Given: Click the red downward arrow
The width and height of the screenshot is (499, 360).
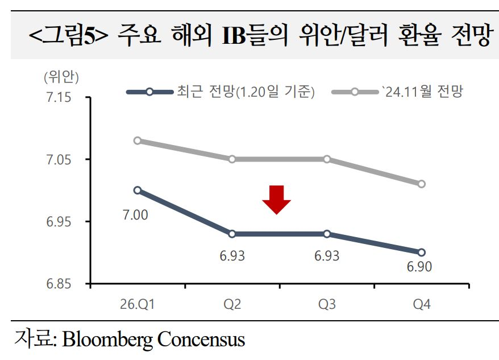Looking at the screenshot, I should (x=276, y=199).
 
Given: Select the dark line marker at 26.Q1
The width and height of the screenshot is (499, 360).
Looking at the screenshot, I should (x=137, y=190).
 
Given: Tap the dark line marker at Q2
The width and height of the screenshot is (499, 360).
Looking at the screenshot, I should (x=232, y=234).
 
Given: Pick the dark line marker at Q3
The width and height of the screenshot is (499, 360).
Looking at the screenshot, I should (x=327, y=234).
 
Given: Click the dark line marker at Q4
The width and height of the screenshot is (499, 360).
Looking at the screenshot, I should (x=422, y=253).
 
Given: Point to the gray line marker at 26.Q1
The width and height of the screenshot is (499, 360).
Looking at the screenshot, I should (x=137, y=140).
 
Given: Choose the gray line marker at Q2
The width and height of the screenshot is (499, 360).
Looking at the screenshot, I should (x=232, y=159).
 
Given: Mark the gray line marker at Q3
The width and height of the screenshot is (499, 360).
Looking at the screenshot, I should (x=327, y=159).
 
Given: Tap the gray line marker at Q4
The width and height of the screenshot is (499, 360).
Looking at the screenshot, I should (x=422, y=184).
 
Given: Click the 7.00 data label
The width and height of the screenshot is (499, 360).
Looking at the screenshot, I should (x=135, y=214).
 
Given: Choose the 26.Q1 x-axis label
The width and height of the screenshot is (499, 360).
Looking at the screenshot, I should (x=138, y=304).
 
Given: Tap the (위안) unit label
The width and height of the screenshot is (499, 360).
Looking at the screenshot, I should (x=61, y=77).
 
